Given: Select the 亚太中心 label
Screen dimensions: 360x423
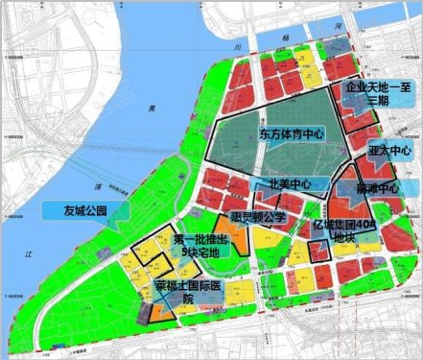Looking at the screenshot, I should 388,152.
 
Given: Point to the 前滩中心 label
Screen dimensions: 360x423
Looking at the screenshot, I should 375,188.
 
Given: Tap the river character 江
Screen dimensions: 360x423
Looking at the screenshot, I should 30,253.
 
